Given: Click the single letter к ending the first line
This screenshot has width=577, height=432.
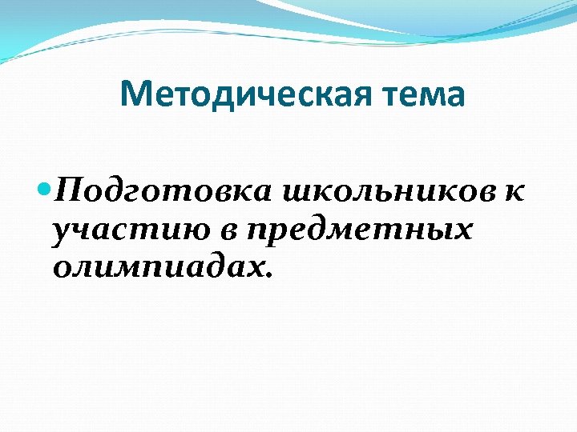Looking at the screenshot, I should coord(515,191).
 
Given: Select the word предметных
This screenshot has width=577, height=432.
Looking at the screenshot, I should coord(359,230).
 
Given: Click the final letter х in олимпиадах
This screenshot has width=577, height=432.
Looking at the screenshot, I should coord(255,268).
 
